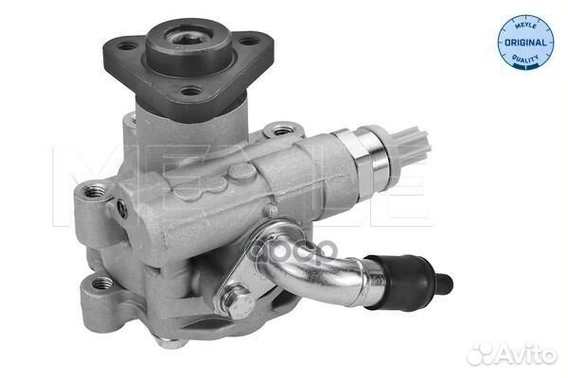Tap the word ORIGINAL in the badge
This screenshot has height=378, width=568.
coord(525,42)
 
